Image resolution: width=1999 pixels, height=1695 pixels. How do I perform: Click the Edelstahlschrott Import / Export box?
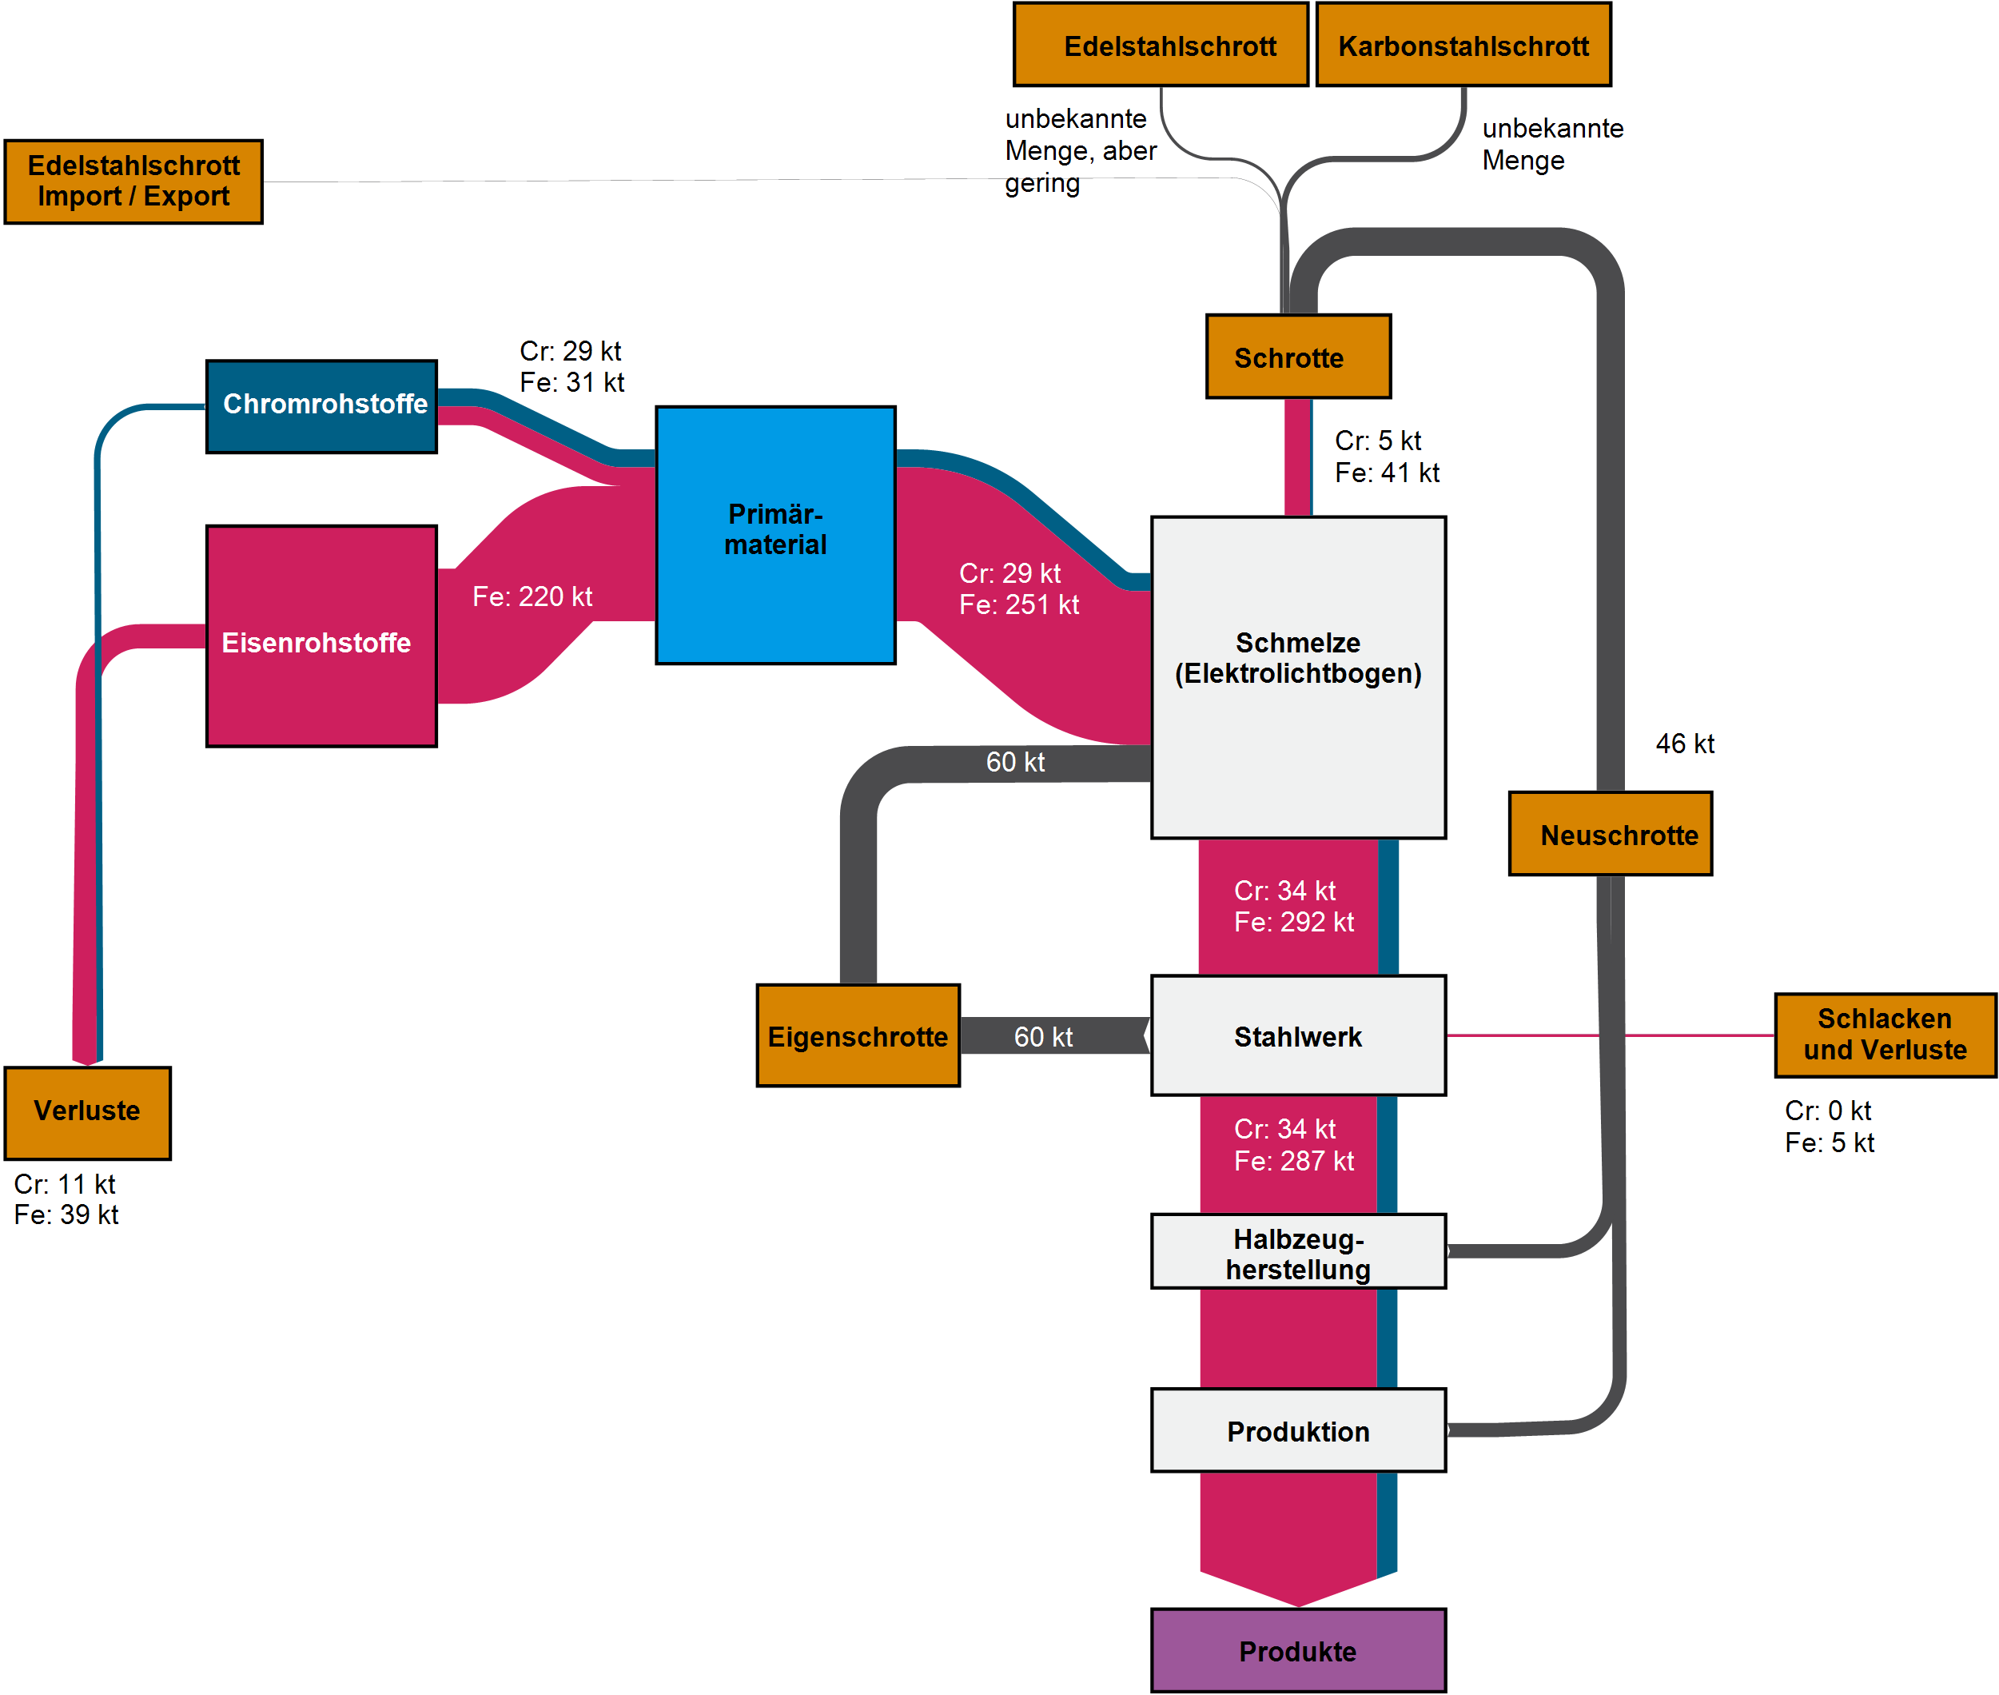click(x=133, y=181)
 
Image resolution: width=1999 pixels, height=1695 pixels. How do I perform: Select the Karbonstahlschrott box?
click(x=1463, y=45)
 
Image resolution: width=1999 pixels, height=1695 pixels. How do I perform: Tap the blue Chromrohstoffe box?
click(x=322, y=405)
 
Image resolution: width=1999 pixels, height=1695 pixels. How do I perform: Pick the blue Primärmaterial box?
click(x=775, y=534)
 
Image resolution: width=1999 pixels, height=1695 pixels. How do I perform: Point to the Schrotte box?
click(x=1298, y=357)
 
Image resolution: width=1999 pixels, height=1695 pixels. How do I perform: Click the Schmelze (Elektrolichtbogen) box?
click(x=1298, y=676)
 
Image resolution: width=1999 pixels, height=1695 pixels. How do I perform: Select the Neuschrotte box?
click(x=1610, y=834)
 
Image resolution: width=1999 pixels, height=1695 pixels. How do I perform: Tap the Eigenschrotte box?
click(x=858, y=1036)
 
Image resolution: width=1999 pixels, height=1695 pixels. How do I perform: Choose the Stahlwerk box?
click(x=1298, y=1036)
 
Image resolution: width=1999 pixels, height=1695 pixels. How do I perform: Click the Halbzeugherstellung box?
click(x=1298, y=1252)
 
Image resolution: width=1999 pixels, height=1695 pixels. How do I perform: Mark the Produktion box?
click(x=1298, y=1431)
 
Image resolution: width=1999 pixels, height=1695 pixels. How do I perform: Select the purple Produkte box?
click(x=1298, y=1651)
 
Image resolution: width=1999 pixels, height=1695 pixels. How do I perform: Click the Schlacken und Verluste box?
click(x=1885, y=1035)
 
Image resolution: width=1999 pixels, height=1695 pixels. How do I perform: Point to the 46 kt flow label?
click(x=1685, y=744)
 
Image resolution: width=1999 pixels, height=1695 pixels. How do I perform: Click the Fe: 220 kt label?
click(x=532, y=596)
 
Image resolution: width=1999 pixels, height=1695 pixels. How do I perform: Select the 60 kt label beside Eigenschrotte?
click(x=1043, y=1037)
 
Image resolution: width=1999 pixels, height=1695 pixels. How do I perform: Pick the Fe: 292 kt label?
click(x=1294, y=923)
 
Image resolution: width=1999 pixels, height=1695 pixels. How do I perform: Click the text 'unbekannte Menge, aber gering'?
click(x=1081, y=151)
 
